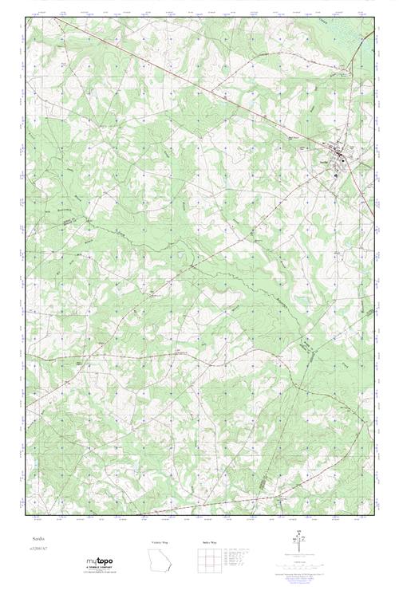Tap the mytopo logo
point(98,561)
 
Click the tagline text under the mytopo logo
point(98,571)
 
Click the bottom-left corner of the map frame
point(26,517)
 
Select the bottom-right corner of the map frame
point(373,517)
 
